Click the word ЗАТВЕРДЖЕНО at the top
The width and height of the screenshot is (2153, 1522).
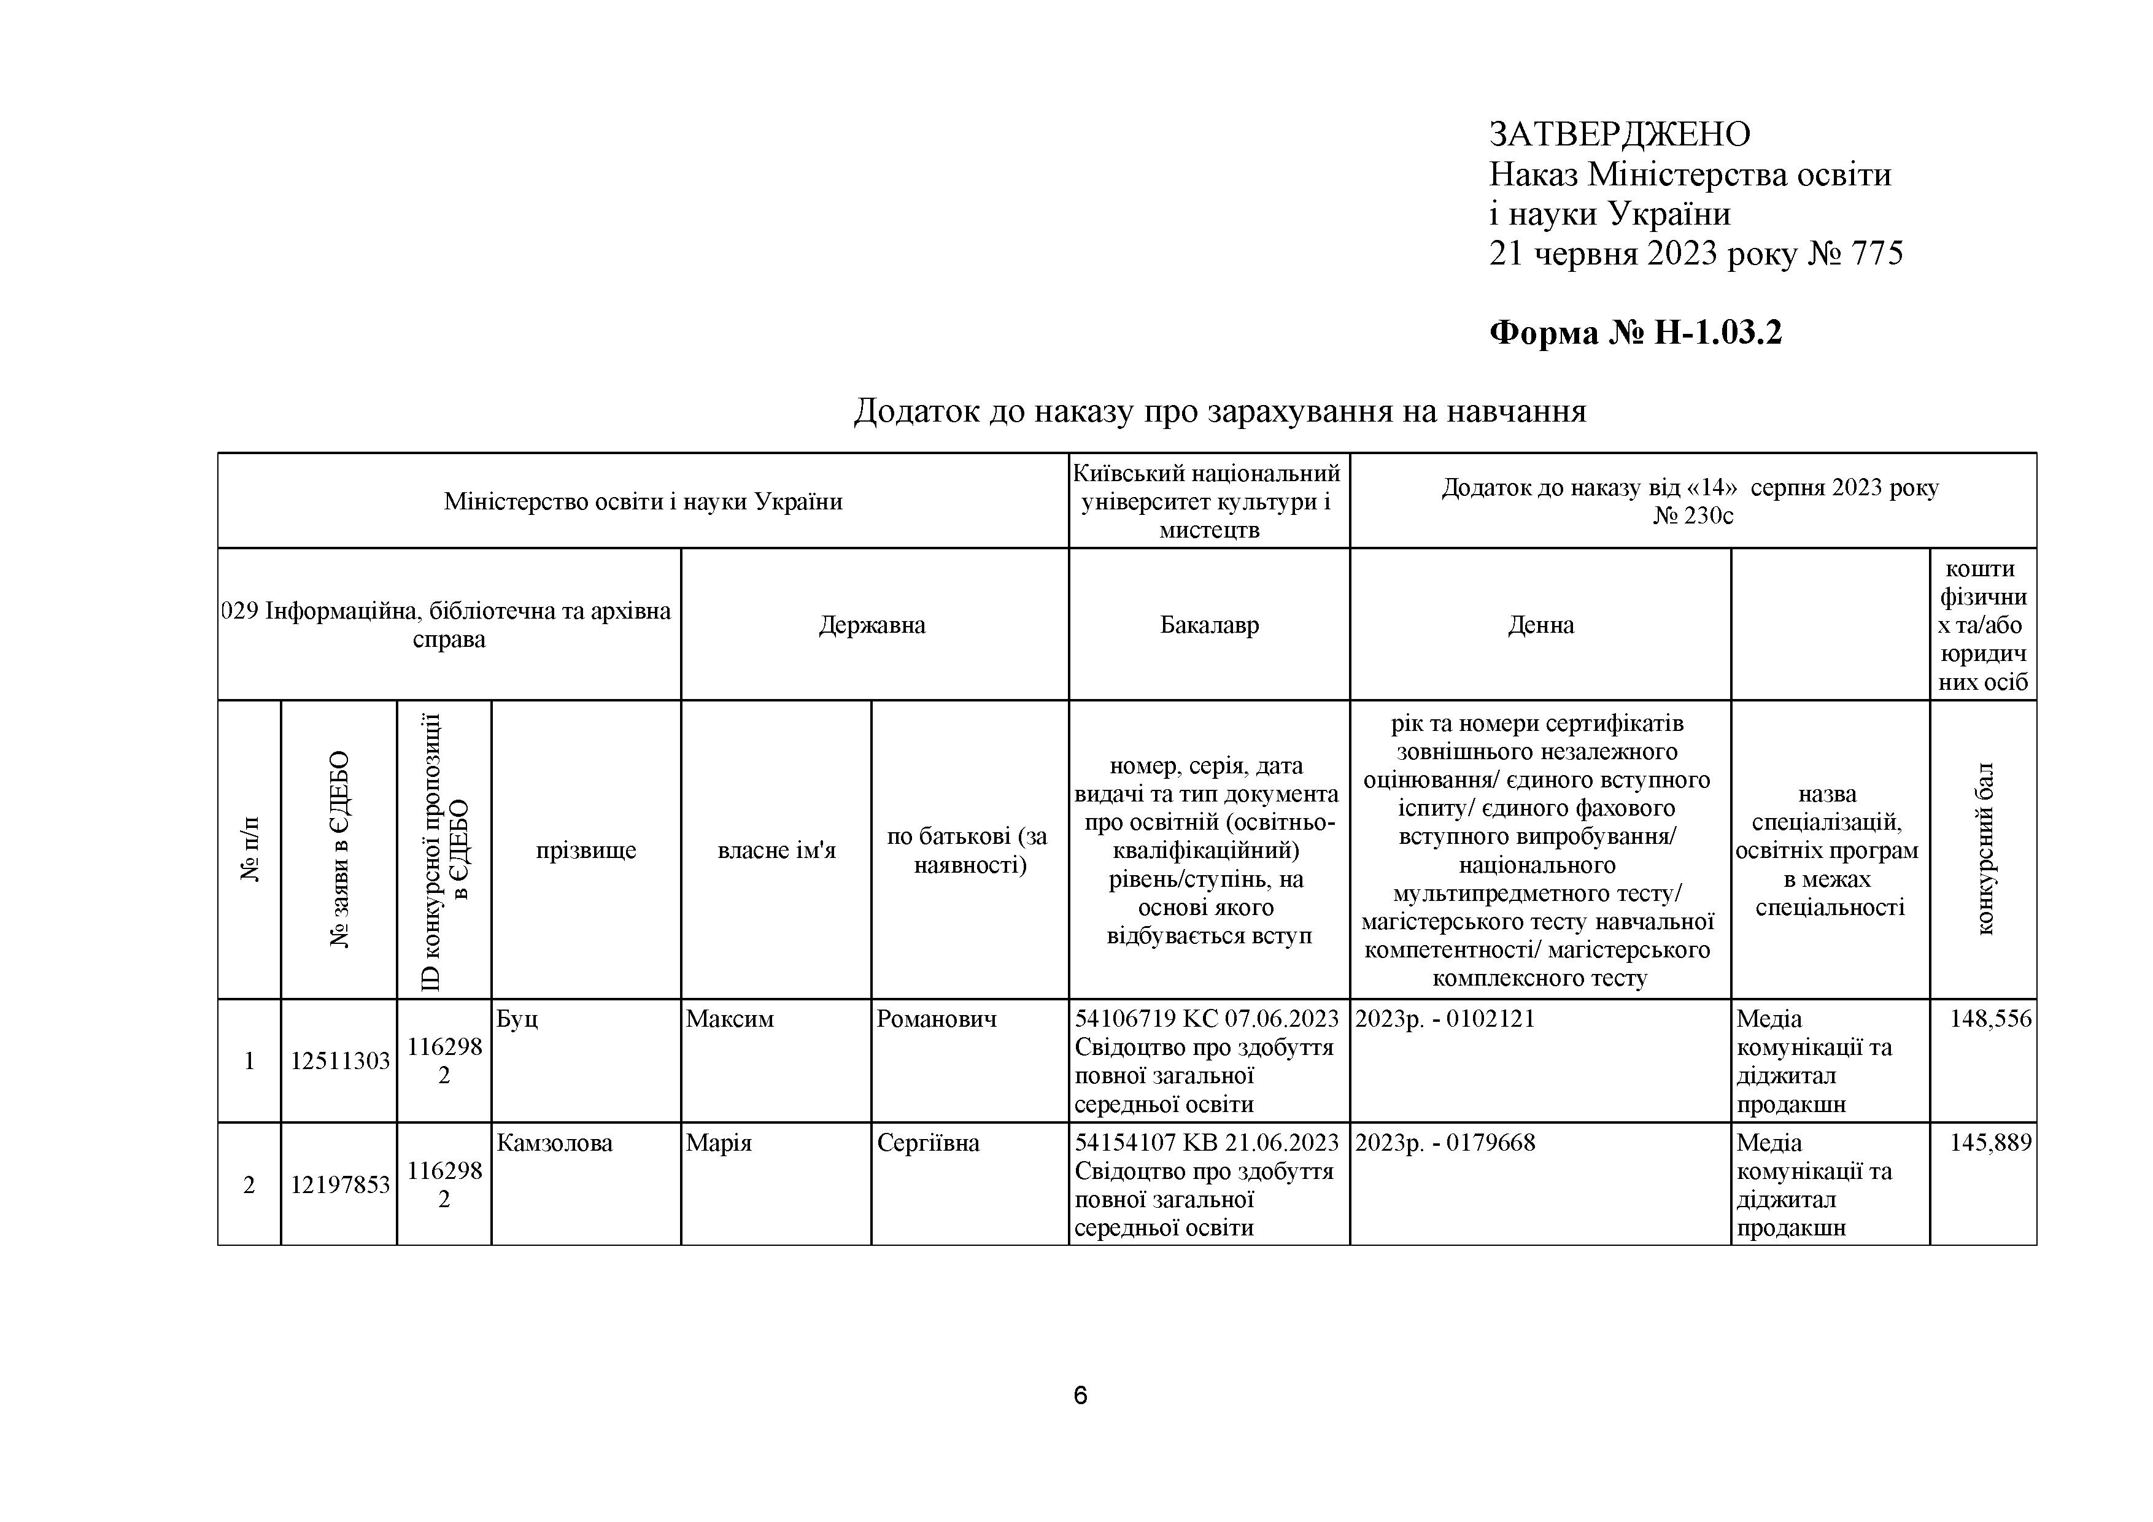[x=1620, y=135]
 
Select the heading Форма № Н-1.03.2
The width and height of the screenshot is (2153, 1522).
[x=1636, y=333]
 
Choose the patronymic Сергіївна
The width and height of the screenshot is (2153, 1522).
[x=929, y=1143]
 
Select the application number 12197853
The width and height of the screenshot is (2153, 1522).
[x=339, y=1185]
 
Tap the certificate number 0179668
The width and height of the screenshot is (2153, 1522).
[x=1491, y=1143]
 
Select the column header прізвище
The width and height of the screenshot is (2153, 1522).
[x=586, y=851]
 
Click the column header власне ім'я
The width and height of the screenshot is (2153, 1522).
[x=776, y=851]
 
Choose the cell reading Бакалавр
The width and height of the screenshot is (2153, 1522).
[x=1208, y=625]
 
